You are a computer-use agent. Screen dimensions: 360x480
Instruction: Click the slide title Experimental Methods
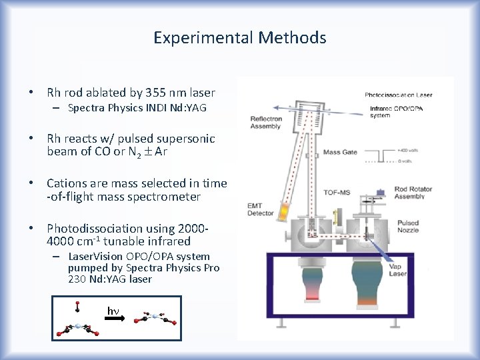[239, 38]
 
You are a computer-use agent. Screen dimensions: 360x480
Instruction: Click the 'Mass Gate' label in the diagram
[339, 152]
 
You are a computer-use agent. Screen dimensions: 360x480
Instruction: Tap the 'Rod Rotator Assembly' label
[409, 193]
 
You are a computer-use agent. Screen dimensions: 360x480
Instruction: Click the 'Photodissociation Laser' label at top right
[398, 95]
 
